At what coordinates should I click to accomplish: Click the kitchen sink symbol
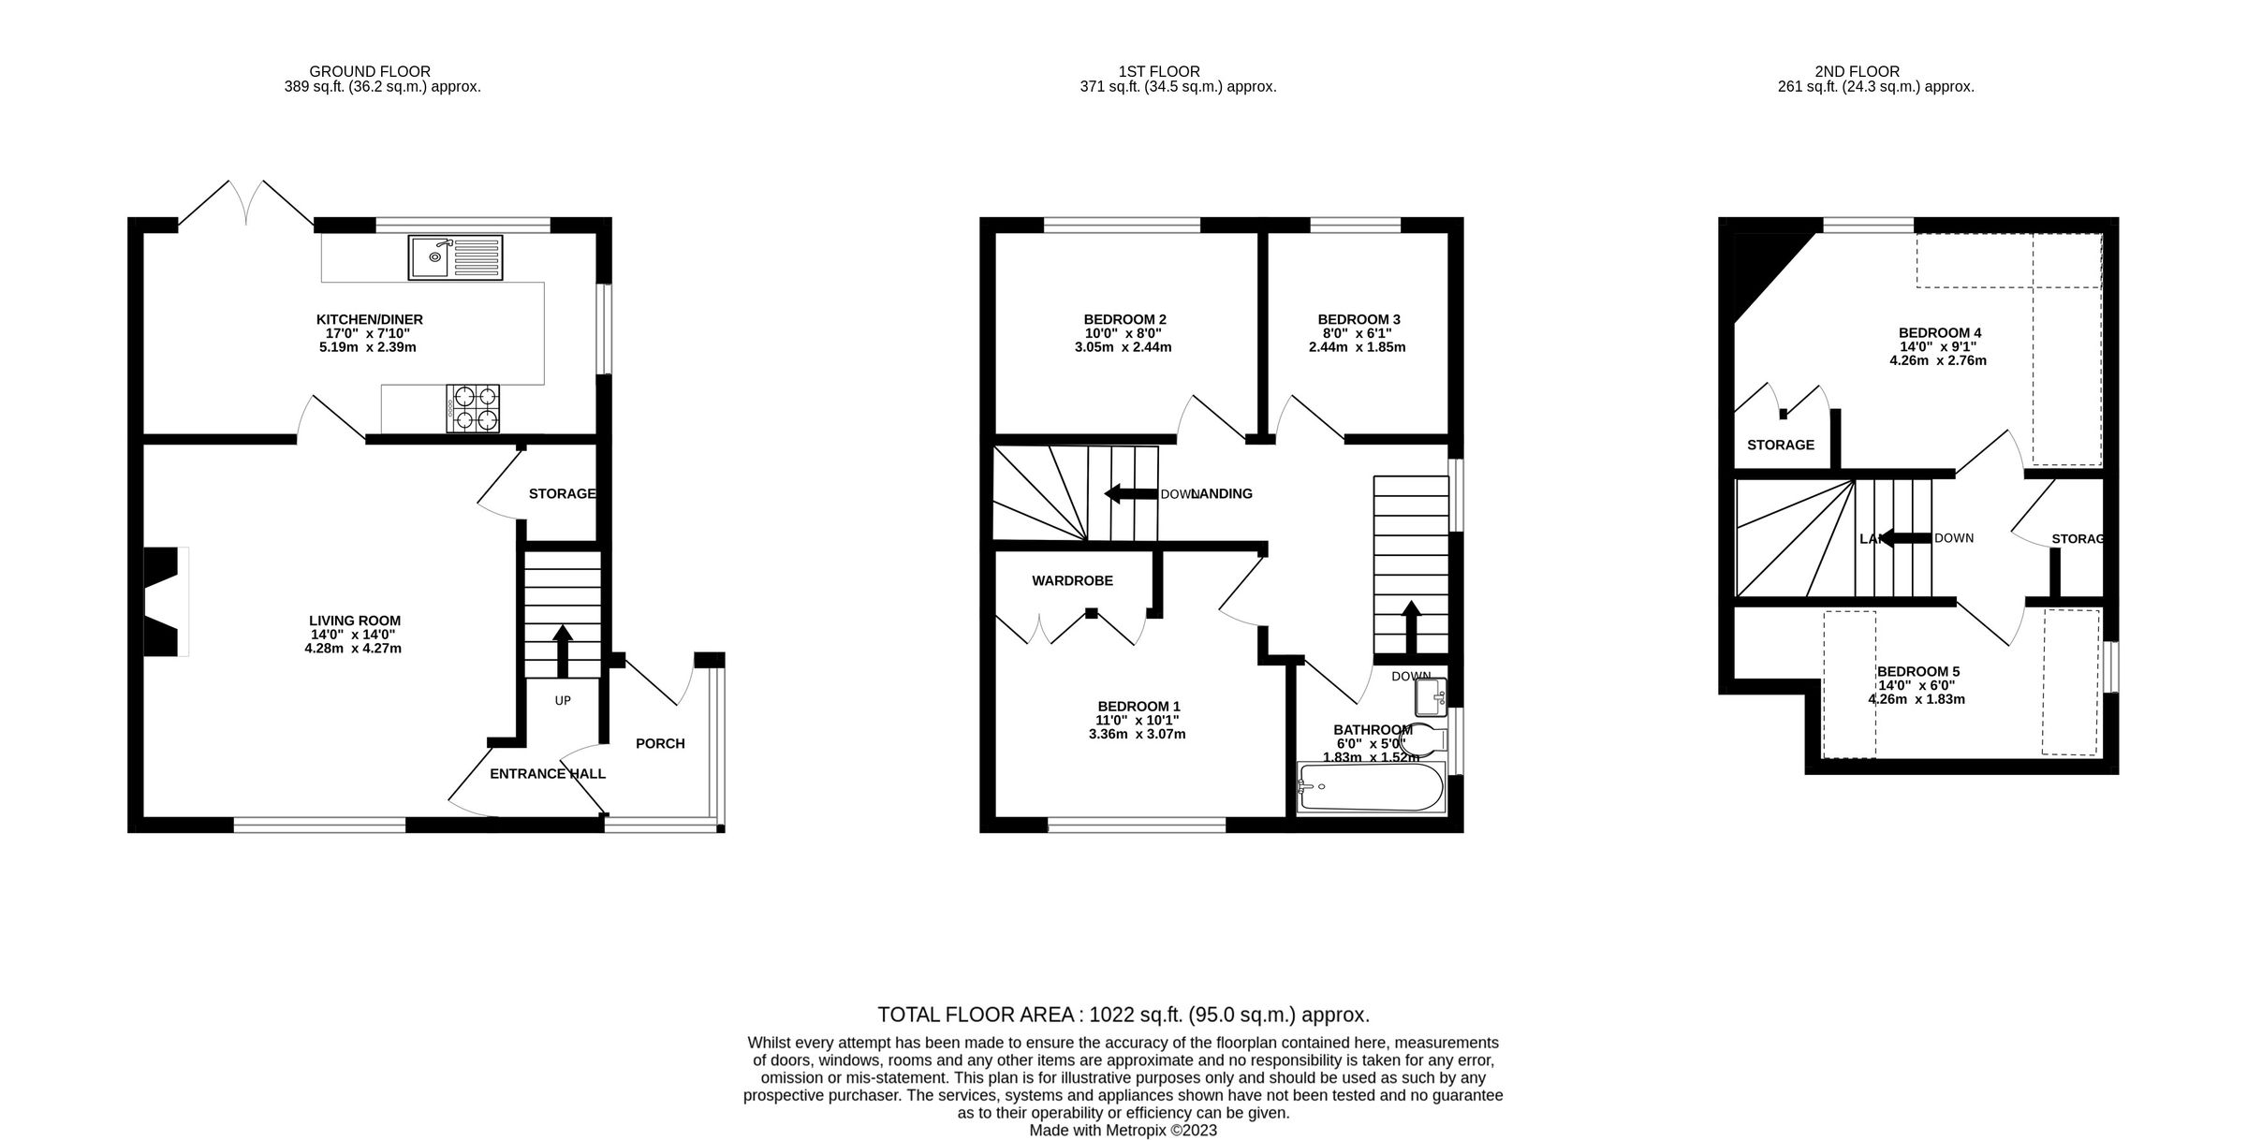[455, 256]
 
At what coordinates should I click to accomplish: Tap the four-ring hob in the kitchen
[473, 409]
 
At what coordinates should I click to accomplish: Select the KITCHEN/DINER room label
[369, 319]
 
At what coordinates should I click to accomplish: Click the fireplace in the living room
[165, 601]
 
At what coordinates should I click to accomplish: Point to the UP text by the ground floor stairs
[563, 700]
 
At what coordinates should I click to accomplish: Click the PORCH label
[660, 743]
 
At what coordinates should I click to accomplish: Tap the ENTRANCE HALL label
[548, 773]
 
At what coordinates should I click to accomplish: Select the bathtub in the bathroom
[1371, 787]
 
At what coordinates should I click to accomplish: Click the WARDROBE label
[1072, 580]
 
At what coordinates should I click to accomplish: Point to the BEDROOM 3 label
[1358, 319]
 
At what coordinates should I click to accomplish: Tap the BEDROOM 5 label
[1917, 671]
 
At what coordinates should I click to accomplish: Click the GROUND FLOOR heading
[370, 71]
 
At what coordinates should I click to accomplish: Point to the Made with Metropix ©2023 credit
[1123, 1130]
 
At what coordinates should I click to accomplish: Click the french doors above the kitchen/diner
[246, 203]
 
